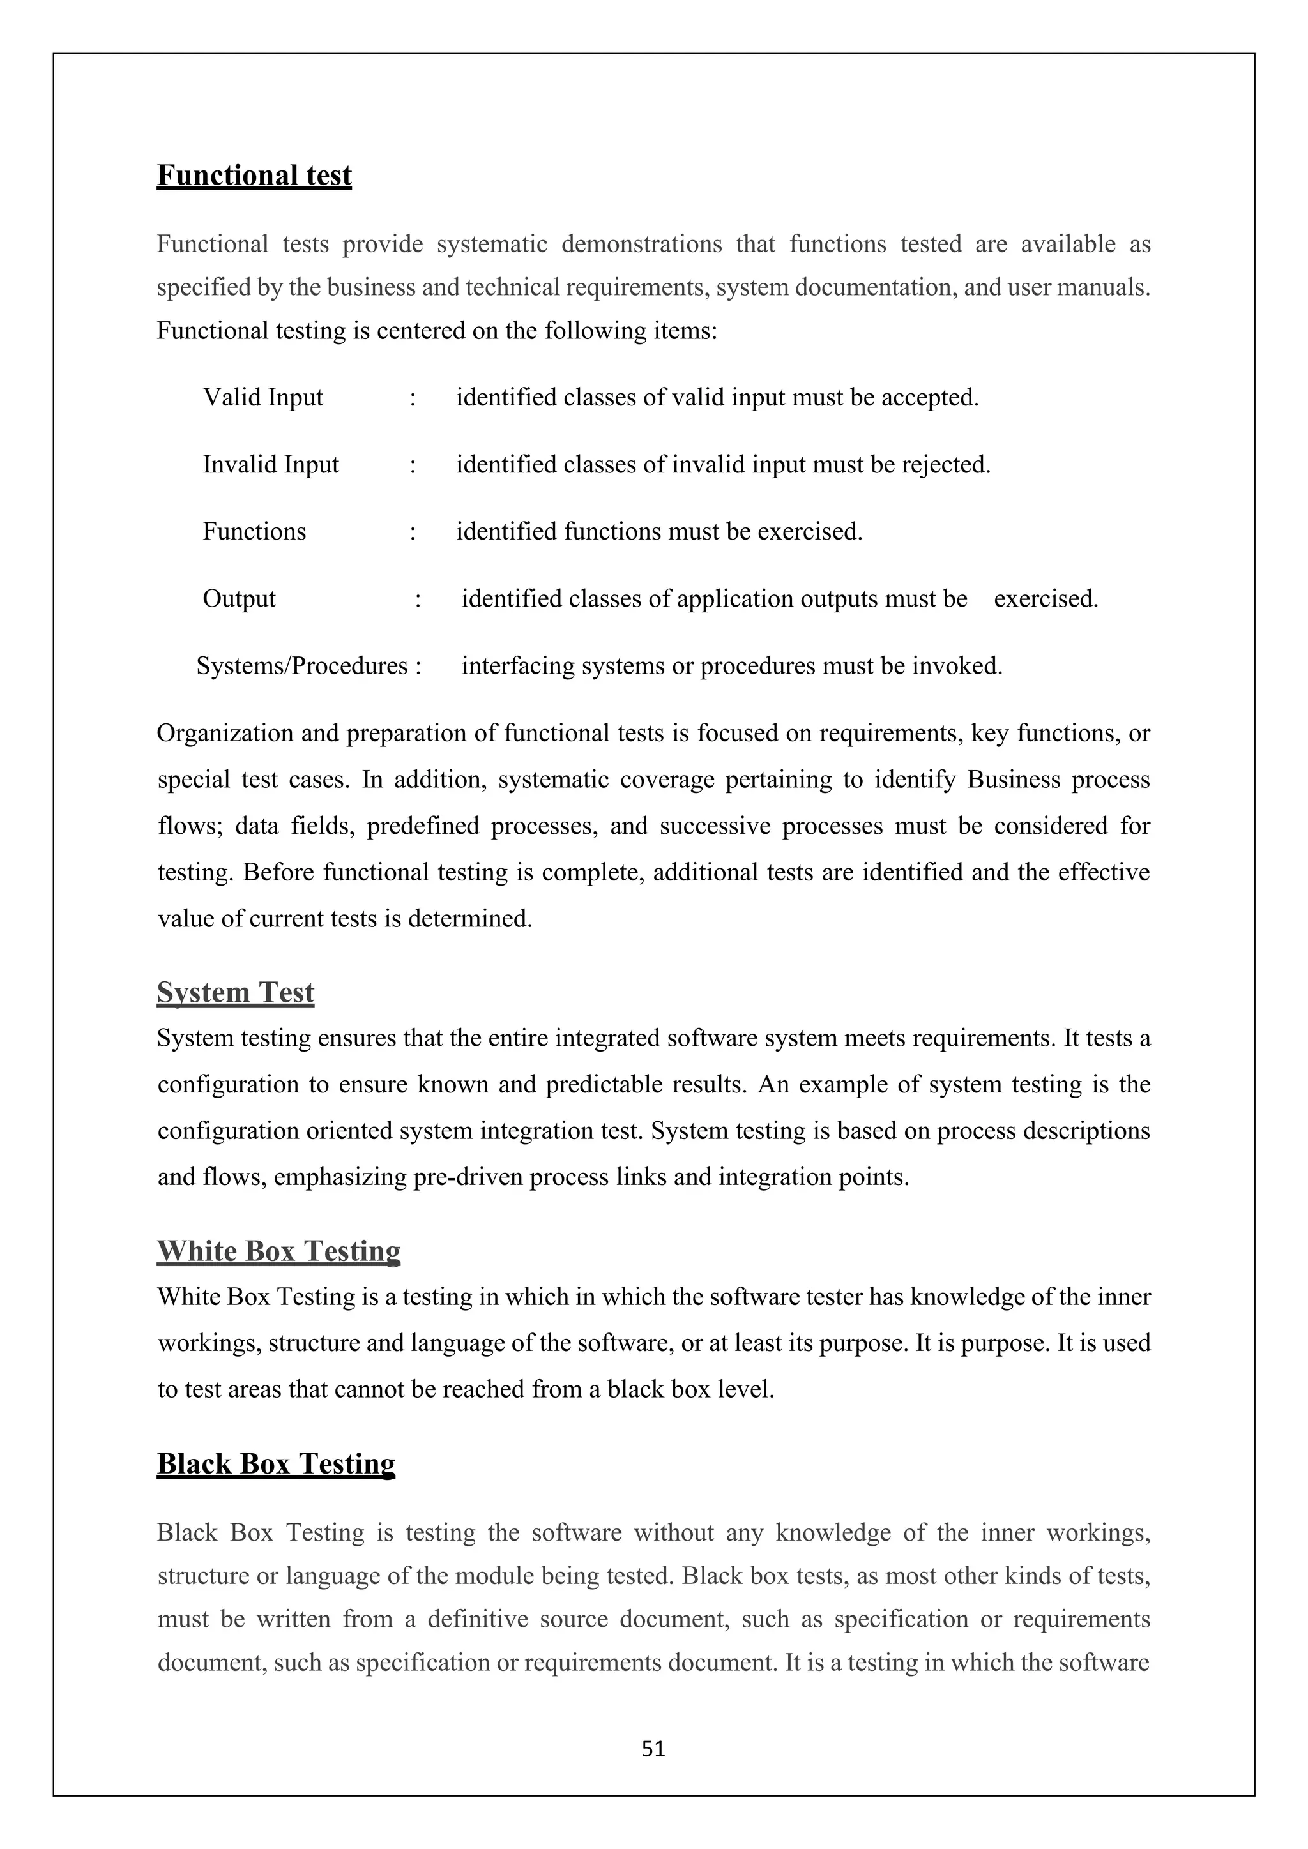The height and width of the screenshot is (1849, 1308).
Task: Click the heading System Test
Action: pos(235,992)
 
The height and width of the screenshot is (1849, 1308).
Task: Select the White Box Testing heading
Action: pos(278,1251)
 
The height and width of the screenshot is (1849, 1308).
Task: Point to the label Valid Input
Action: pos(262,398)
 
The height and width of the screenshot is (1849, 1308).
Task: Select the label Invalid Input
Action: pos(271,465)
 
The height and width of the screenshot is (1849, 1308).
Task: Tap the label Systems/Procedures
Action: pos(302,666)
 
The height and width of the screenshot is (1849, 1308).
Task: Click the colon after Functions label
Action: pos(413,531)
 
